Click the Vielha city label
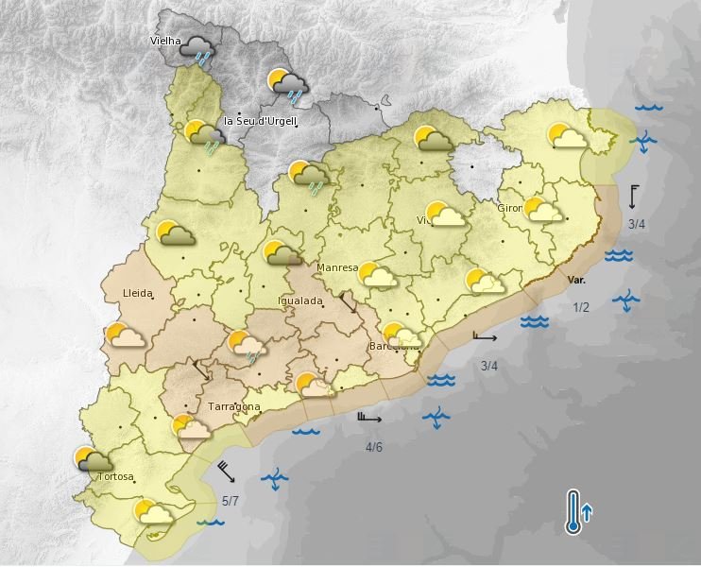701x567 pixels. pyautogui.click(x=165, y=41)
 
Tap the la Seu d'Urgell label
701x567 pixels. pyautogui.click(x=261, y=121)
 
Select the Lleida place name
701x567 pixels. pyautogui.click(x=138, y=294)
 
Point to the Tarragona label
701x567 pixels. pyautogui.click(x=233, y=407)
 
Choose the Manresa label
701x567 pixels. pyautogui.click(x=337, y=267)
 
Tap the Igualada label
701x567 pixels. pyautogui.click(x=300, y=301)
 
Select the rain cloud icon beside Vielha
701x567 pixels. pyautogui.click(x=198, y=49)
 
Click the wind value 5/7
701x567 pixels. pyautogui.click(x=231, y=500)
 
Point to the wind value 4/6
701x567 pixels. pyautogui.click(x=373, y=446)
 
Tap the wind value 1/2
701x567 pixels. pyautogui.click(x=580, y=307)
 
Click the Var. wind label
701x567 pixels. pyautogui.click(x=577, y=281)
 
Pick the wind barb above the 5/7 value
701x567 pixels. pyautogui.click(x=227, y=471)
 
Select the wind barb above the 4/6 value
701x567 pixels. pyautogui.click(x=369, y=418)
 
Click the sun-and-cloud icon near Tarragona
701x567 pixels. pyautogui.click(x=191, y=428)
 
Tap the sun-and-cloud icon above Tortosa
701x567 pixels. pyautogui.click(x=93, y=460)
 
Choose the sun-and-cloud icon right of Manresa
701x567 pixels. pyautogui.click(x=376, y=275)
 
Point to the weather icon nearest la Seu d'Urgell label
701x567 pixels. pyautogui.click(x=206, y=138)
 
